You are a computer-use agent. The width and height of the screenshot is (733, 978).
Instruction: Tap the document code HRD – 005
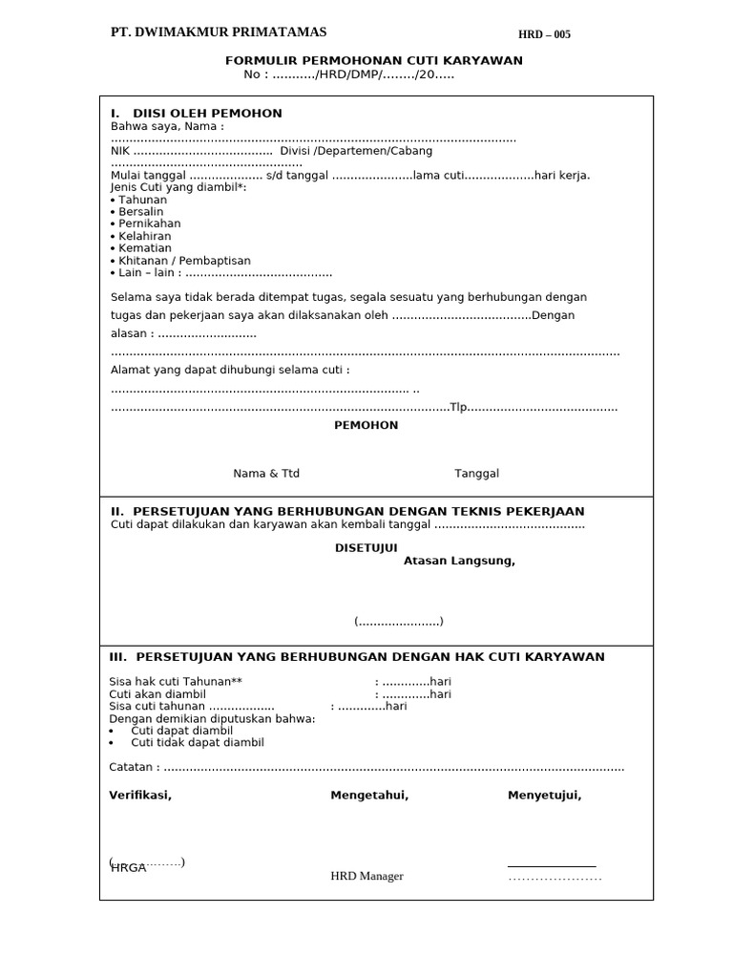tap(544, 35)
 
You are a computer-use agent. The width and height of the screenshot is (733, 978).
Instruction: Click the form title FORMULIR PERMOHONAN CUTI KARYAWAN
tap(373, 61)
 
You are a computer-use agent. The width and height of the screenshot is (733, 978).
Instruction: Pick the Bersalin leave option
tap(142, 212)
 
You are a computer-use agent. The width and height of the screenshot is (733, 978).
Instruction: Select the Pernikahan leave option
tap(149, 223)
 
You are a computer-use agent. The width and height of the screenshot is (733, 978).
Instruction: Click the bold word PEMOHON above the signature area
tap(366, 426)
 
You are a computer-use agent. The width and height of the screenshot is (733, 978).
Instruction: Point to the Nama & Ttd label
tap(266, 474)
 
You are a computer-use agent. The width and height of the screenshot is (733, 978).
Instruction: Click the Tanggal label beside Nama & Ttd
tap(476, 474)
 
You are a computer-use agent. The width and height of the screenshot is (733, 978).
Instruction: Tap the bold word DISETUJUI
tap(365, 548)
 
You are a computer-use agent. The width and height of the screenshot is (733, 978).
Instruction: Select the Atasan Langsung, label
tap(459, 562)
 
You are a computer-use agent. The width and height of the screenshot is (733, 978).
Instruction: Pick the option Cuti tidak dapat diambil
tap(197, 742)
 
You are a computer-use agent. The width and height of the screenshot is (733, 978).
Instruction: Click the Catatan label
tap(133, 767)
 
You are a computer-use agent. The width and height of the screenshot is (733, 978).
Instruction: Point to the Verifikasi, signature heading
tap(140, 796)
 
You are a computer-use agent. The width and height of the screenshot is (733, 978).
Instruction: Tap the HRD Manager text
tap(366, 876)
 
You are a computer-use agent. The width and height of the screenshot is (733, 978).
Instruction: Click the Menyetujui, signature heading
tap(544, 796)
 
